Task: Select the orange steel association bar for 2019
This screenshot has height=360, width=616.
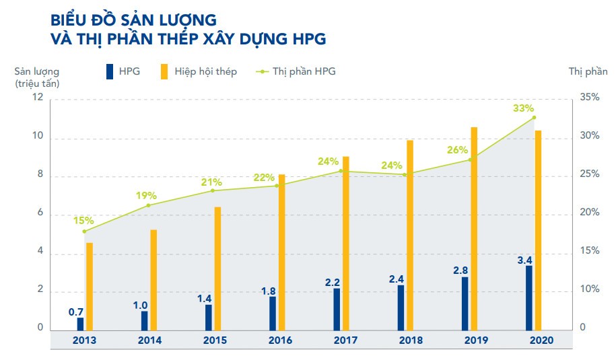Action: tap(474, 229)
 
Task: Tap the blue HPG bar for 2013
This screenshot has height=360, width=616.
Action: tap(81, 324)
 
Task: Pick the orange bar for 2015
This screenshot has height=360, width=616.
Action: tap(217, 268)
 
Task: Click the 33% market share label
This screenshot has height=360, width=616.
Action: tap(523, 108)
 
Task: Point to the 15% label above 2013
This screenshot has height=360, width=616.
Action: tap(83, 220)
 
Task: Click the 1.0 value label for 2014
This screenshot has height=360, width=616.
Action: tap(140, 305)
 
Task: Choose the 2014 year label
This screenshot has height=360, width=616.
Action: tap(149, 340)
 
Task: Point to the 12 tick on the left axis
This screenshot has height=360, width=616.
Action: tap(38, 98)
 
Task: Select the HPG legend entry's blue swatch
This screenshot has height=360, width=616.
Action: tap(109, 71)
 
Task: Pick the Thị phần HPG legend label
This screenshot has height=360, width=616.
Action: tap(304, 71)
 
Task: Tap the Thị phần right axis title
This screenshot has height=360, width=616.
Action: tap(583, 71)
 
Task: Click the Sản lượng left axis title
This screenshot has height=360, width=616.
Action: tap(37, 71)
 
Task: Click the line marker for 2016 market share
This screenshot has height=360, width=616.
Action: tap(276, 186)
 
